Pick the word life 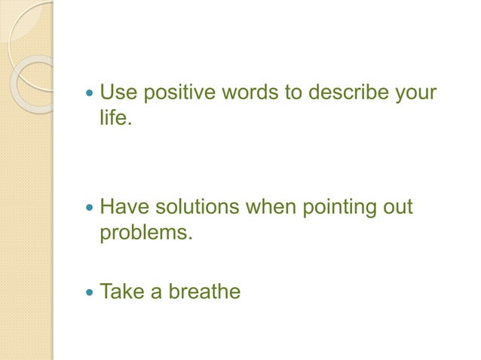115,119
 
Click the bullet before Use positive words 90,96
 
